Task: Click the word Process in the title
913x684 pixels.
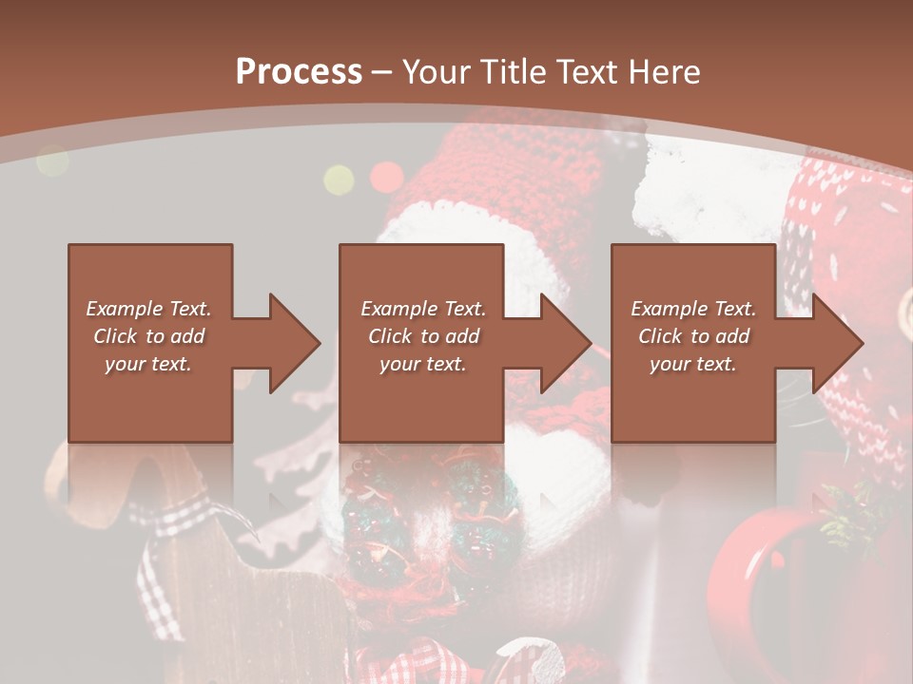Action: tap(299, 72)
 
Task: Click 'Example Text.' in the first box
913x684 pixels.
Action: tap(148, 309)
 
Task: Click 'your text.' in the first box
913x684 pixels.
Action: tap(148, 364)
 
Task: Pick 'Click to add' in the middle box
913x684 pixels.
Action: tap(423, 336)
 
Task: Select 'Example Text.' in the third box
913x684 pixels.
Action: tap(693, 309)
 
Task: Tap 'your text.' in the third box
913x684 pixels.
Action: tap(693, 364)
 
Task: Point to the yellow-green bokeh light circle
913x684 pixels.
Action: tap(339, 179)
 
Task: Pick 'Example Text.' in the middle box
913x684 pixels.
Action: tap(423, 309)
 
